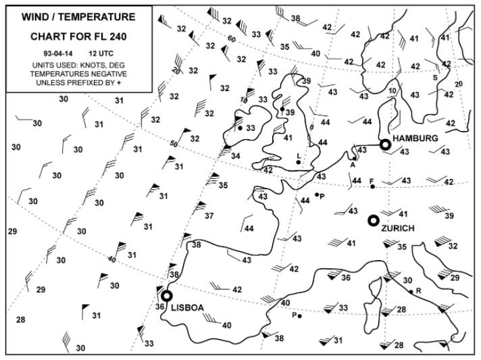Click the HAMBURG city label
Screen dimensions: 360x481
pyautogui.click(x=415, y=138)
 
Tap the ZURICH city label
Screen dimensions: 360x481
pyautogui.click(x=397, y=228)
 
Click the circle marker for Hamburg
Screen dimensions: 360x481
pyautogui.click(x=385, y=144)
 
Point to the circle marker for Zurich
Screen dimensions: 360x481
pyautogui.click(x=373, y=220)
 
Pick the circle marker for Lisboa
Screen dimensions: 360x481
pyautogui.click(x=166, y=296)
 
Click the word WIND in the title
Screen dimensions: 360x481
pyautogui.click(x=36, y=17)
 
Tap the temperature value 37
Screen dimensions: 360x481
pyautogui.click(x=209, y=216)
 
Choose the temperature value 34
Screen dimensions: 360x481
pyautogui.click(x=235, y=156)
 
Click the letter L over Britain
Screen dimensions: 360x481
pyautogui.click(x=299, y=155)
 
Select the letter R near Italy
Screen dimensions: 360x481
pyautogui.click(x=419, y=291)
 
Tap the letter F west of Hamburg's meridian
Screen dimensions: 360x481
pyautogui.click(x=371, y=180)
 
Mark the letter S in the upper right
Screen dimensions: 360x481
pyautogui.click(x=435, y=78)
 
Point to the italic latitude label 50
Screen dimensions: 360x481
pyautogui.click(x=174, y=144)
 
